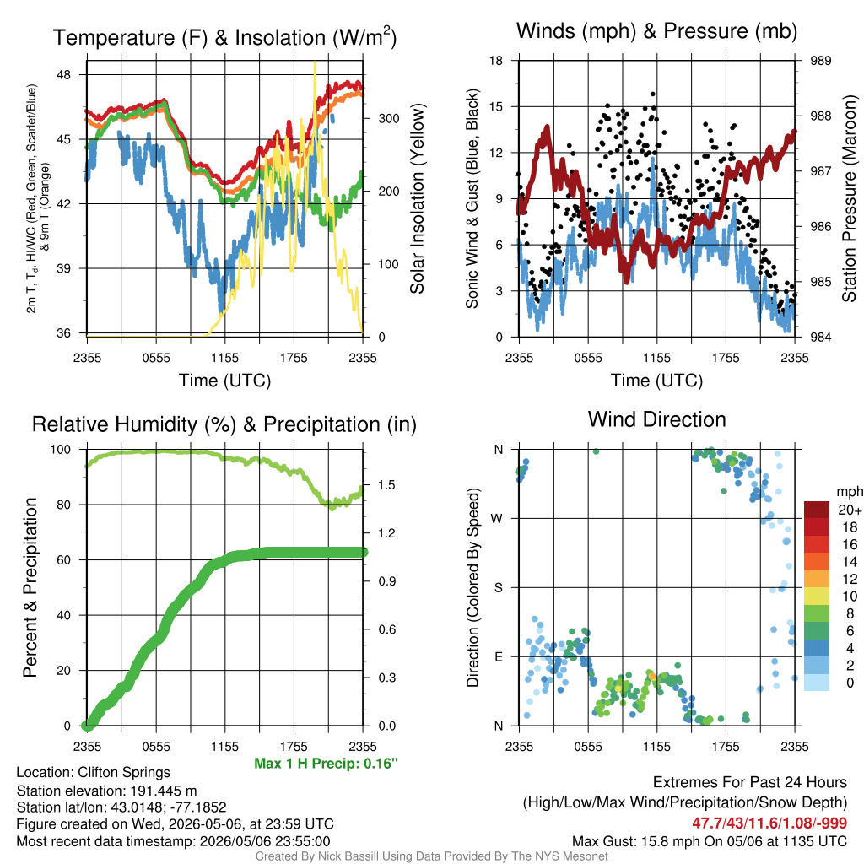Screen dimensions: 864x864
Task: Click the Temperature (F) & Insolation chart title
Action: pyautogui.click(x=224, y=37)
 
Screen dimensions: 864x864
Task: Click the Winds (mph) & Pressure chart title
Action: pyautogui.click(x=656, y=31)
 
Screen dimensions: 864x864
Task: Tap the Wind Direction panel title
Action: pyautogui.click(x=656, y=419)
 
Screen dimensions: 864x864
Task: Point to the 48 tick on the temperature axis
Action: pyautogui.click(x=64, y=75)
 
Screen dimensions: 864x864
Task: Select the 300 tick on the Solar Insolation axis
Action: pyautogui.click(x=389, y=118)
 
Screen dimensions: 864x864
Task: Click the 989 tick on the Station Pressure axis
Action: pyautogui.click(x=820, y=61)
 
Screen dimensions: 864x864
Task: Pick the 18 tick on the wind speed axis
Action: pyautogui.click(x=496, y=61)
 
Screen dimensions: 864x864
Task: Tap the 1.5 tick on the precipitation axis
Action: pyautogui.click(x=386, y=485)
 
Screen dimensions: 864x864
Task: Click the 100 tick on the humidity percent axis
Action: pyautogui.click(x=61, y=450)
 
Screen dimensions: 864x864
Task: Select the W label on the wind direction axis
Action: pyautogui.click(x=497, y=519)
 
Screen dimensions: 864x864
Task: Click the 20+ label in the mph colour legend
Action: pyautogui.click(x=850, y=510)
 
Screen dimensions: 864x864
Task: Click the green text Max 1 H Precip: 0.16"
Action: pyautogui.click(x=327, y=763)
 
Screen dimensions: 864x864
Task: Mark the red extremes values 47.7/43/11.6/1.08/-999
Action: pyautogui.click(x=769, y=823)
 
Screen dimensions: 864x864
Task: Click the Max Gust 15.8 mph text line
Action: pyautogui.click(x=709, y=841)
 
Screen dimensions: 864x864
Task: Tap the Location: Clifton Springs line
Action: pyautogui.click(x=93, y=773)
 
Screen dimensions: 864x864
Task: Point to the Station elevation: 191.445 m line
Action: pyautogui.click(x=106, y=791)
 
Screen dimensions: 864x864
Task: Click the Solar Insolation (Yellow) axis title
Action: pyautogui.click(x=418, y=198)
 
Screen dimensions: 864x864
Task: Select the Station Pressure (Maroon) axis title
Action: pyautogui.click(x=849, y=198)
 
